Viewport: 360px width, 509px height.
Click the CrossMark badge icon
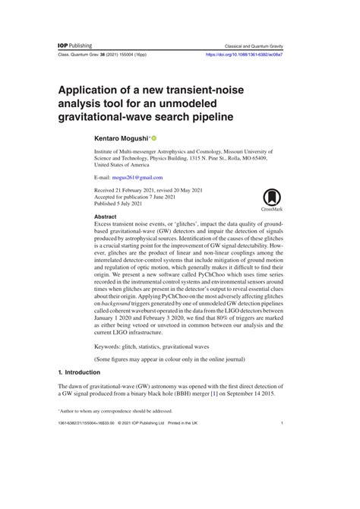tap(273, 198)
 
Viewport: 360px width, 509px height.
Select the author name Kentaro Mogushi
tap(119, 139)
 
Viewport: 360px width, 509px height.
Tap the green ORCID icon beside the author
tap(153, 139)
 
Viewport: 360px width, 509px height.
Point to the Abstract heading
tap(105, 217)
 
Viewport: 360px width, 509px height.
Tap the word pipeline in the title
tap(207, 118)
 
